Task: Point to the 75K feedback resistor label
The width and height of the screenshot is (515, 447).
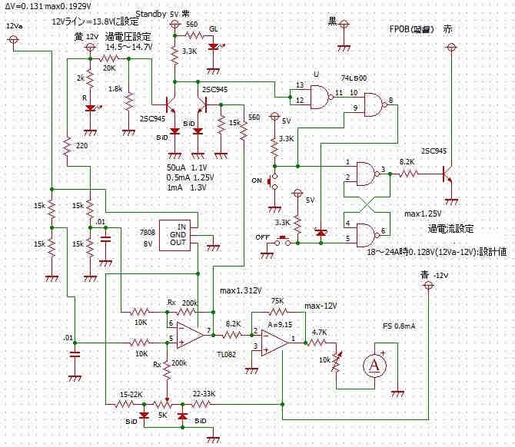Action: [x=277, y=300]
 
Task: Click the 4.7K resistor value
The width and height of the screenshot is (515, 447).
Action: [x=320, y=332]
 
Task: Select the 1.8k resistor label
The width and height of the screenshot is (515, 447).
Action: [x=137, y=89]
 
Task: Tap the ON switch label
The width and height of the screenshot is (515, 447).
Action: [x=257, y=181]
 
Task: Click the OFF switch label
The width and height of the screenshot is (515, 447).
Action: [x=261, y=237]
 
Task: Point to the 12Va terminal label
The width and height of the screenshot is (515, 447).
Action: [x=13, y=25]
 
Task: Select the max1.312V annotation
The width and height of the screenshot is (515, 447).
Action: [x=241, y=290]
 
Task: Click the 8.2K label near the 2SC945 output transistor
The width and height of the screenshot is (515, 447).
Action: [x=407, y=163]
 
